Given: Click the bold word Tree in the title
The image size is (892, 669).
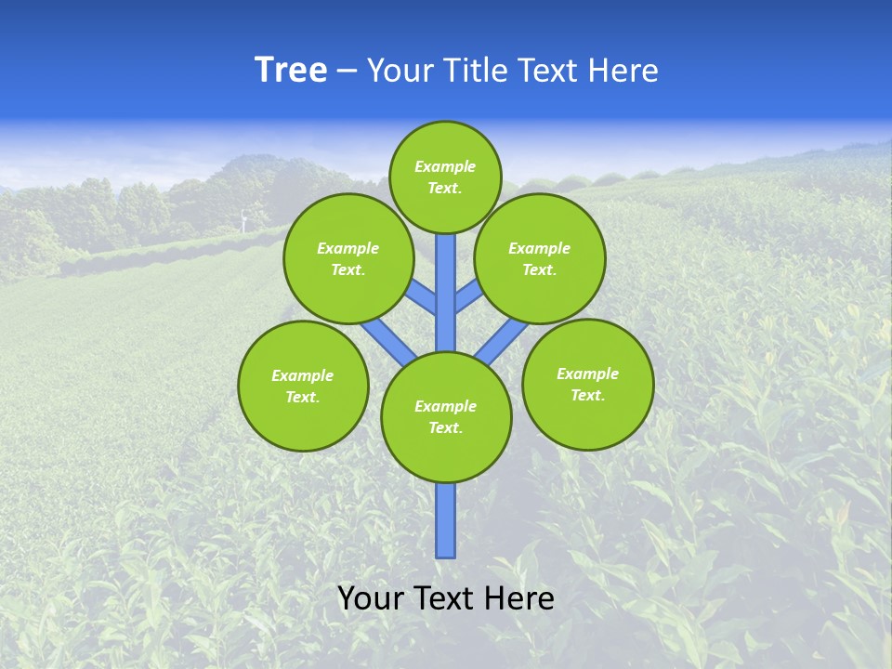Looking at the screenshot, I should pyautogui.click(x=291, y=71).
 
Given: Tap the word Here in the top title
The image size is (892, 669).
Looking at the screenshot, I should pyautogui.click(x=623, y=71).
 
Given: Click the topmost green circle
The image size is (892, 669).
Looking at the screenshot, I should pyautogui.click(x=445, y=177).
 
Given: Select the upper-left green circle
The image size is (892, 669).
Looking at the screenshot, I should pyautogui.click(x=348, y=258).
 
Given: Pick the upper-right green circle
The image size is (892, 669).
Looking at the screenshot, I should pyautogui.click(x=540, y=258).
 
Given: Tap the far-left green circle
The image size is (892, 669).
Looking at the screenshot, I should pyautogui.click(x=303, y=386).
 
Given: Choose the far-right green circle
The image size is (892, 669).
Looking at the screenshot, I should pyautogui.click(x=588, y=384).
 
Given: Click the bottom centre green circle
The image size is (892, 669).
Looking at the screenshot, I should pyautogui.click(x=446, y=417).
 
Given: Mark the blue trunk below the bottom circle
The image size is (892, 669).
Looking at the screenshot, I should pyautogui.click(x=446, y=520).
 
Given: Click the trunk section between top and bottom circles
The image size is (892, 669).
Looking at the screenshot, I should pyautogui.click(x=446, y=293).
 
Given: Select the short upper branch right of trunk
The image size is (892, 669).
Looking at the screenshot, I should pyautogui.click(x=467, y=295).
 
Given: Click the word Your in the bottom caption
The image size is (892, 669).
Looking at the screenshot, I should pyautogui.click(x=370, y=598).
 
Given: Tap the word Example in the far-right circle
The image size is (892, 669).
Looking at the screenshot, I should pyautogui.click(x=587, y=374).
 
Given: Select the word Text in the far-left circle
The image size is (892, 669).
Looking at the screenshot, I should pyautogui.click(x=301, y=397).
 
